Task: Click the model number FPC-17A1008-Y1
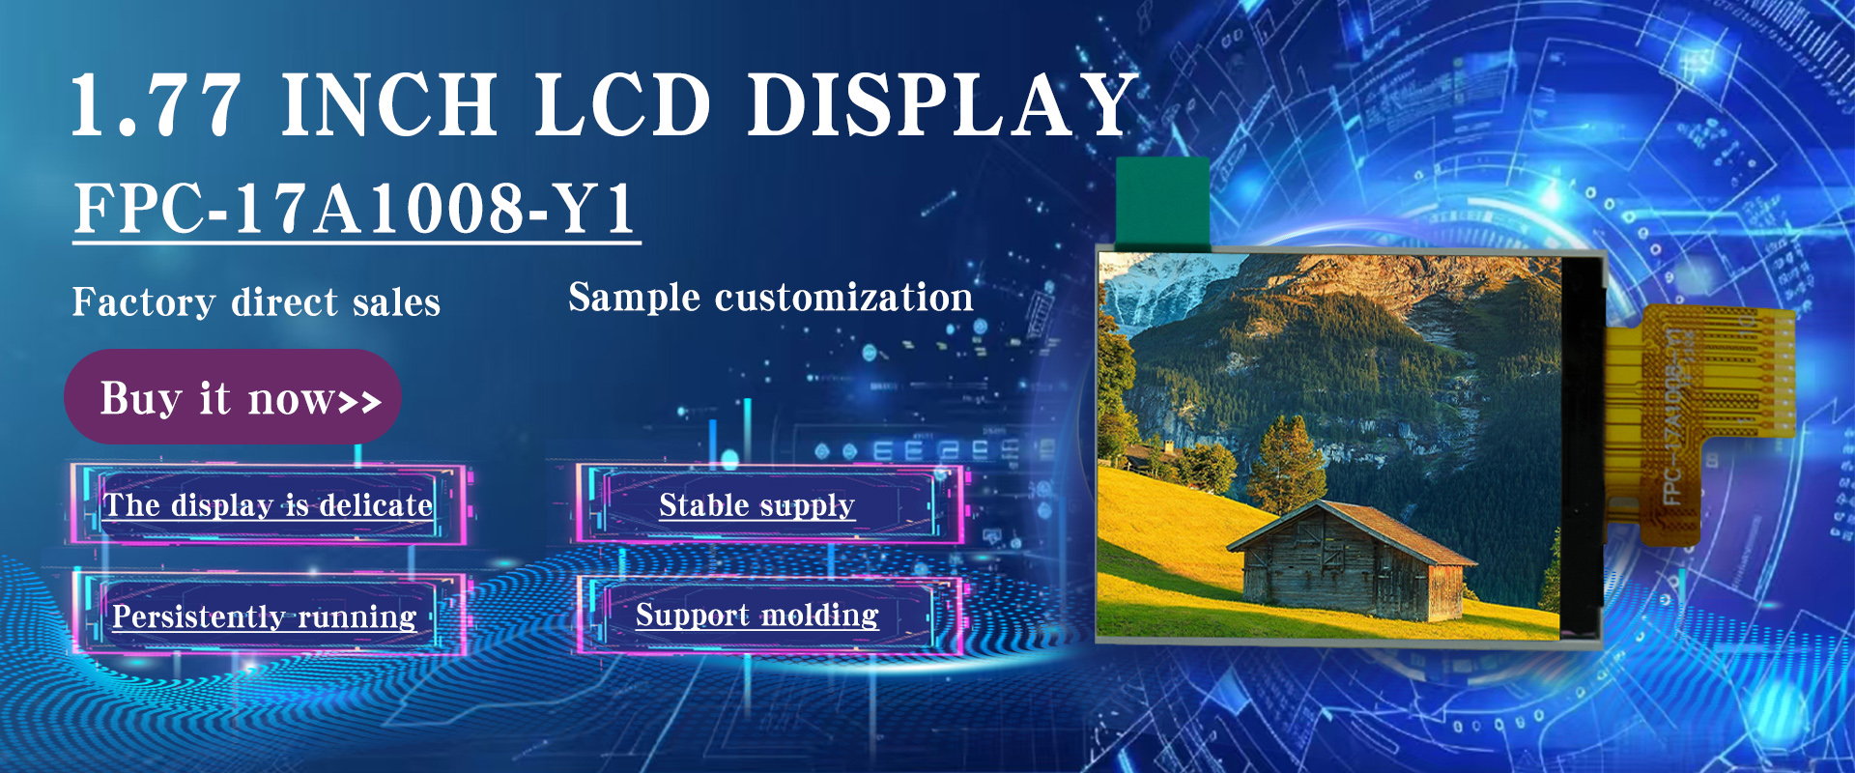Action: click(x=355, y=208)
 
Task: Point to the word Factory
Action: click(x=143, y=302)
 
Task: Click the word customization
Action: click(x=843, y=298)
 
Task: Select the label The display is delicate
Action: click(x=269, y=505)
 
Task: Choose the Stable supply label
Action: click(x=756, y=505)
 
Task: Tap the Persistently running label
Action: click(x=264, y=616)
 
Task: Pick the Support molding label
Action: click(x=756, y=615)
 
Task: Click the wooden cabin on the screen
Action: click(x=1352, y=562)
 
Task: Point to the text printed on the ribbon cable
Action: click(x=1676, y=415)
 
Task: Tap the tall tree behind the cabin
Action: click(x=1285, y=465)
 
